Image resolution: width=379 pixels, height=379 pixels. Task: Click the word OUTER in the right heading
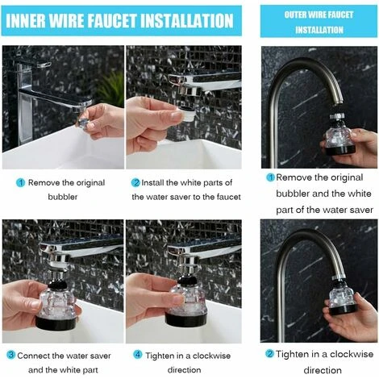click(298, 15)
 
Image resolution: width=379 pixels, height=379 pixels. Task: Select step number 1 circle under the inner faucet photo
click(20, 183)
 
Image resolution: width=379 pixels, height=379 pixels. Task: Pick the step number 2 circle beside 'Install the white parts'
click(135, 183)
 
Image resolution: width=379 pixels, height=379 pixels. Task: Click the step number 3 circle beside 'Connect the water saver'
click(10, 355)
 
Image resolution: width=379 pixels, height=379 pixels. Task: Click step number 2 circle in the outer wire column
click(270, 353)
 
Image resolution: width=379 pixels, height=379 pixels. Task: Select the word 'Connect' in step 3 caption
click(36, 355)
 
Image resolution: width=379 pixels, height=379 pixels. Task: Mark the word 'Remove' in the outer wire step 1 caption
click(295, 177)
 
